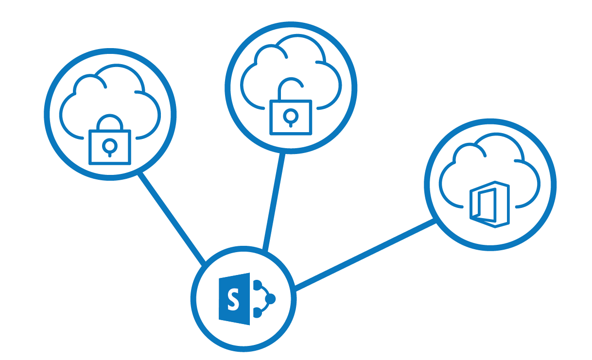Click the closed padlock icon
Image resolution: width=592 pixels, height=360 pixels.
[x=110, y=141]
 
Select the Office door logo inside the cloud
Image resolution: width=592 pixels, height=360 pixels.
[x=490, y=205]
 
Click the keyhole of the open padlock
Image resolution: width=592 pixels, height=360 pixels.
[x=291, y=116]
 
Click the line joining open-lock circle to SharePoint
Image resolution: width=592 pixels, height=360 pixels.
[x=273, y=202]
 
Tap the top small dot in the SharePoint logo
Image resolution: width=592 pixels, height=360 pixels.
[x=258, y=284]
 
